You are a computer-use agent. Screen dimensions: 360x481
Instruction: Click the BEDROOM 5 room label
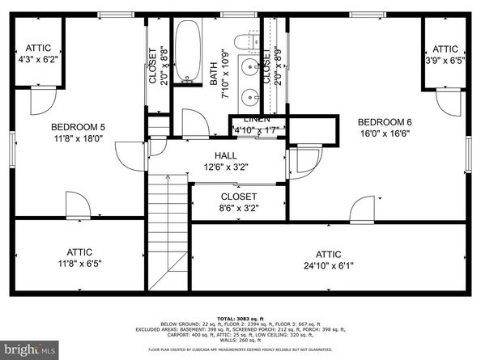point(79,126)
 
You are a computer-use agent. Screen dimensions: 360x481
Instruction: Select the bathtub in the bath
point(188,52)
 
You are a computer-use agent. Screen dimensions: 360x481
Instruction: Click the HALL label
point(226,155)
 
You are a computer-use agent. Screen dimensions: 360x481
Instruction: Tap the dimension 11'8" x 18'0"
point(79,138)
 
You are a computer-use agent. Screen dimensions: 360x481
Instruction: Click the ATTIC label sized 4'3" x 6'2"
point(39,49)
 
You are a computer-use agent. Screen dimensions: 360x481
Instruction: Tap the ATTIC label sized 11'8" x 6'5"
point(79,252)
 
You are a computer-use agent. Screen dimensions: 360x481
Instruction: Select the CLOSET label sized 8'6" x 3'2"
point(239,197)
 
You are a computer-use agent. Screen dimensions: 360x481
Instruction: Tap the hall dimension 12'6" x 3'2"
point(226,167)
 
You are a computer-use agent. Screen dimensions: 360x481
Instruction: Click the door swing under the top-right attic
point(447,103)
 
